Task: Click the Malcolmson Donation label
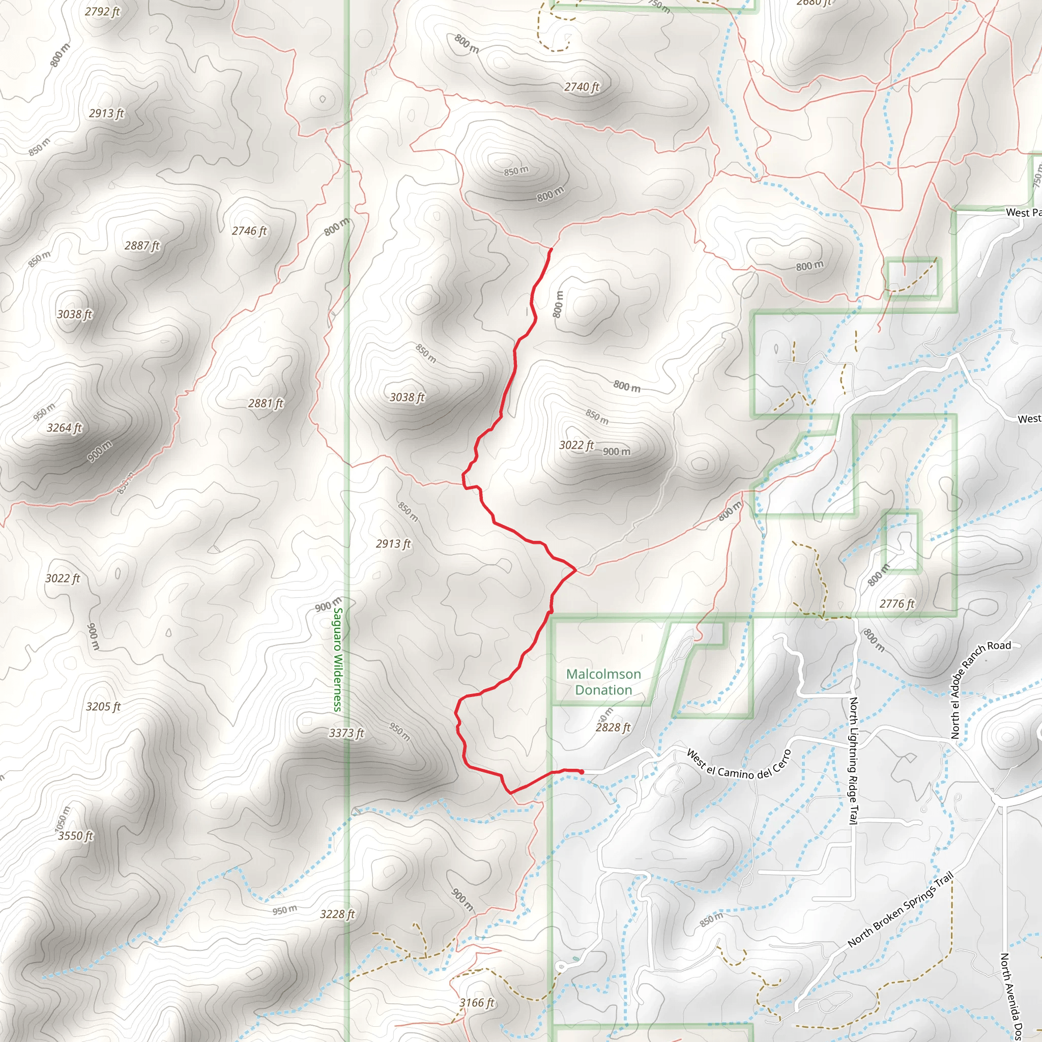603,682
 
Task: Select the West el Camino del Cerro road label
738,764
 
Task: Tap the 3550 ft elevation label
75,836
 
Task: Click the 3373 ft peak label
347,733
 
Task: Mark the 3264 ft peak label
64,428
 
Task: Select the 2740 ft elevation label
582,87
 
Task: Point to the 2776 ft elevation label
897,603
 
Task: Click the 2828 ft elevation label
613,728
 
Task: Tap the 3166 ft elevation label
477,1003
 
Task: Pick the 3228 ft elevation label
338,914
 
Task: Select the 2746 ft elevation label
249,231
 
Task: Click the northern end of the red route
550,249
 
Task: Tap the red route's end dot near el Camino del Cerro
582,772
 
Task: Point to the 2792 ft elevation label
102,11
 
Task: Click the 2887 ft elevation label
142,246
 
